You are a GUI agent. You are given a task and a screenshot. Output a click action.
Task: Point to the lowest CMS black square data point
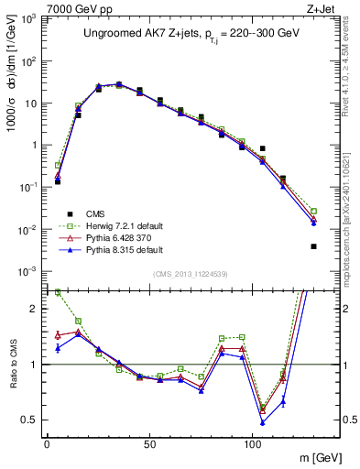tap(313, 246)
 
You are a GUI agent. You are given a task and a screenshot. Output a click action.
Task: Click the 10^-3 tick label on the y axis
tap(28, 271)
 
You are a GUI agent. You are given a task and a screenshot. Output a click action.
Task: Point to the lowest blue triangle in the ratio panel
tap(263, 422)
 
